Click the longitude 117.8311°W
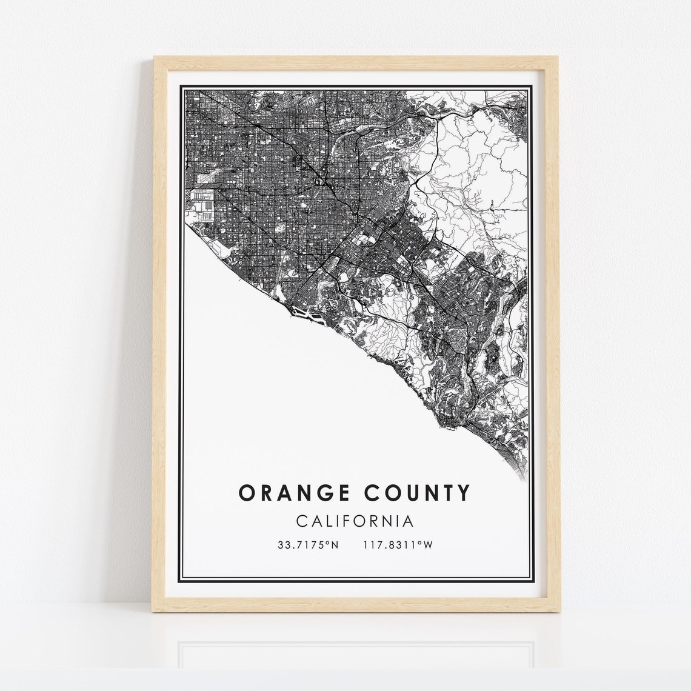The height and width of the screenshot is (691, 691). pos(398,545)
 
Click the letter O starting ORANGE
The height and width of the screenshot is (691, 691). pos(246,493)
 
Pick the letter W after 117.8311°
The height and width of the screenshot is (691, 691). pos(428,545)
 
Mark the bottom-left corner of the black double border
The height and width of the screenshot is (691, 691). pos(177,578)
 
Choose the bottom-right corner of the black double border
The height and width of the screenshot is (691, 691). pos(535,578)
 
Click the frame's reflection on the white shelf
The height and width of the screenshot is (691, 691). pos(356,643)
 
